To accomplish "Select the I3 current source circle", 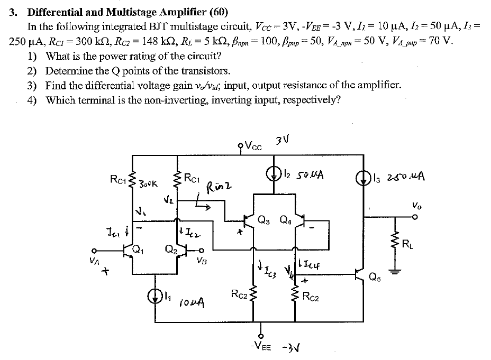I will (x=363, y=174).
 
